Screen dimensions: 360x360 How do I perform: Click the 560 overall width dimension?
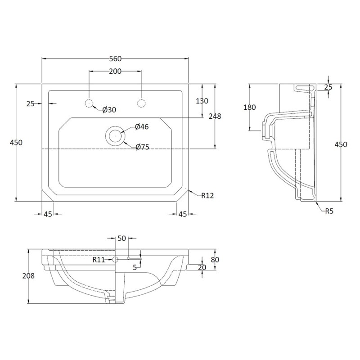(115, 58)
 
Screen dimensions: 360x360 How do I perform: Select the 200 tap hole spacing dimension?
(115, 71)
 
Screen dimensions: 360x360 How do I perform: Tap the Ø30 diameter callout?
(109, 110)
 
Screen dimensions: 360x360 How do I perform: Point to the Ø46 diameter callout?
(142, 127)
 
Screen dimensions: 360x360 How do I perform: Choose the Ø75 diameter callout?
(143, 147)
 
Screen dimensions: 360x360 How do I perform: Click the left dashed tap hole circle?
(89, 103)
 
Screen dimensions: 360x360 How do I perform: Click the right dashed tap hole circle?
(141, 103)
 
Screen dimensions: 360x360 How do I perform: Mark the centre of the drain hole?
(115, 134)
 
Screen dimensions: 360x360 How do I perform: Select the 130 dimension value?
(202, 101)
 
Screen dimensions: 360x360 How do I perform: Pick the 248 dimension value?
(216, 116)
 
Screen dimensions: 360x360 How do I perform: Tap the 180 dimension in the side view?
(249, 107)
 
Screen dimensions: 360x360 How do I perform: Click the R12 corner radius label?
(207, 195)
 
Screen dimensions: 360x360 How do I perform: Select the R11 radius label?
(99, 259)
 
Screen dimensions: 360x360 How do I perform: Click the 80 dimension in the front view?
(216, 259)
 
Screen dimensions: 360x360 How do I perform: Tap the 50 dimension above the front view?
(121, 238)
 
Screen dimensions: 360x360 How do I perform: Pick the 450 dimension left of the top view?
(16, 142)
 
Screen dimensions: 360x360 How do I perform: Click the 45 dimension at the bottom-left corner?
(47, 214)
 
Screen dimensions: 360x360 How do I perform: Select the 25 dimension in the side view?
(328, 87)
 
